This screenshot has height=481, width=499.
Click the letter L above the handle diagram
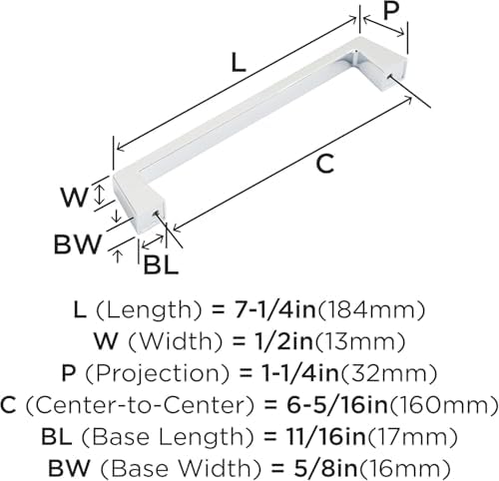pyautogui.click(x=239, y=63)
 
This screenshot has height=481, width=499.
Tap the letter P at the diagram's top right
pyautogui.click(x=391, y=10)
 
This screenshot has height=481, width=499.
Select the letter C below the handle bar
pyautogui.click(x=324, y=164)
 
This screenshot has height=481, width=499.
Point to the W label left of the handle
pyautogui.click(x=74, y=197)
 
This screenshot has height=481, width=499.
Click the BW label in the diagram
pyautogui.click(x=77, y=244)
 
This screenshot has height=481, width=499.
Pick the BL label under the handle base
pyautogui.click(x=161, y=265)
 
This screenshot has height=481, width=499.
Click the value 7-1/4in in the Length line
pyautogui.click(x=275, y=310)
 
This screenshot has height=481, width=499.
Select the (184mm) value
pyautogui.click(x=370, y=310)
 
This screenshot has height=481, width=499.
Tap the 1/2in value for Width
pyautogui.click(x=281, y=341)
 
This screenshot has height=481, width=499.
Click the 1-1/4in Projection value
pyautogui.click(x=298, y=373)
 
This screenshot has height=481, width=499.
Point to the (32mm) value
pyautogui.click(x=388, y=373)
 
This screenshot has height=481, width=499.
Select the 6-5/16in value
pyautogui.click(x=337, y=405)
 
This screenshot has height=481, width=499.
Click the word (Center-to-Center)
pyautogui.click(x=140, y=405)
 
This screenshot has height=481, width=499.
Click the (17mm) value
pyautogui.click(x=412, y=437)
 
